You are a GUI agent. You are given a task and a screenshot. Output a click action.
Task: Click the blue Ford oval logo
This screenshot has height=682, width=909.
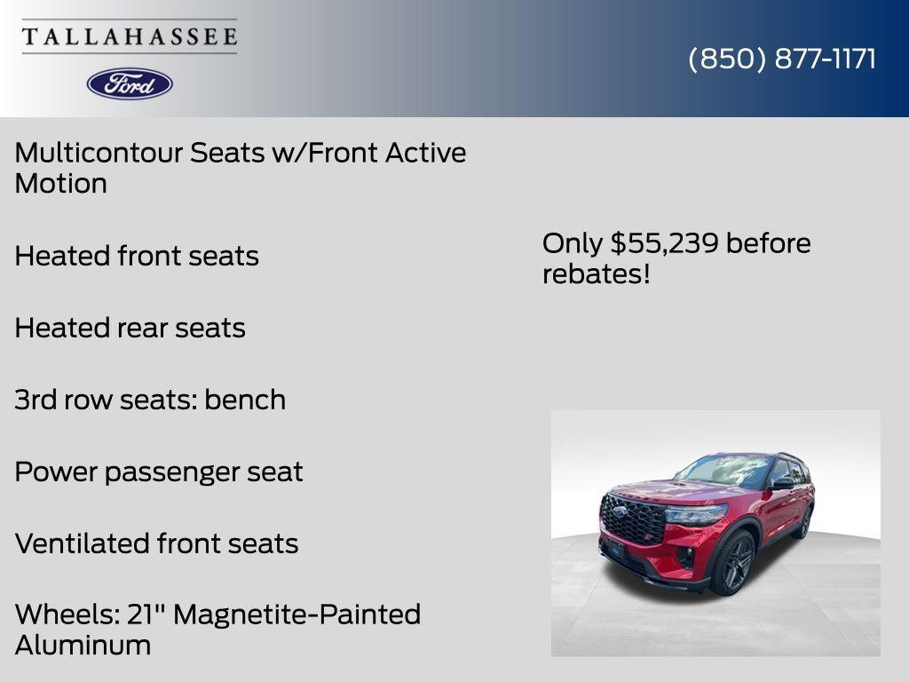click(130, 83)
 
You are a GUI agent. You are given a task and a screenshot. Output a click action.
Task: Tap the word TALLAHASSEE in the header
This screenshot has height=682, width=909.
click(130, 37)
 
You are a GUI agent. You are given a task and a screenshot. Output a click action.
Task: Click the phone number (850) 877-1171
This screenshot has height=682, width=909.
click(782, 59)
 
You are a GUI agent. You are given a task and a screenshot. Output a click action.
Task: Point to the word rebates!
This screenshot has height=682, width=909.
click(597, 274)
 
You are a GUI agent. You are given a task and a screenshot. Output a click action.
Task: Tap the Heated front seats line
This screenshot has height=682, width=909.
click(137, 257)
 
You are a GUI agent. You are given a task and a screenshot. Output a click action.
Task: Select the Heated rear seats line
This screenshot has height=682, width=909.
click(130, 329)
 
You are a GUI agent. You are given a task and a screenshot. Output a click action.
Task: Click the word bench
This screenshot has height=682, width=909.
click(245, 400)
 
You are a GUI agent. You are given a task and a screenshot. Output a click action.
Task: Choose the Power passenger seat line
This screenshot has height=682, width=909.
click(159, 472)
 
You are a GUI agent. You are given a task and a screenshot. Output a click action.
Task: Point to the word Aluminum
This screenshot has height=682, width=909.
click(83, 646)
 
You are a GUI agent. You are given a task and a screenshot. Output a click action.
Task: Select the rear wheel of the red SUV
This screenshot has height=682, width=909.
click(804, 523)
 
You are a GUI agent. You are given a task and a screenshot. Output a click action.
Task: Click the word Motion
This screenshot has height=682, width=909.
click(60, 184)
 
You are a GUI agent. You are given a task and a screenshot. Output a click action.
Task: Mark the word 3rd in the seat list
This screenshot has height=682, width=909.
click(36, 400)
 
